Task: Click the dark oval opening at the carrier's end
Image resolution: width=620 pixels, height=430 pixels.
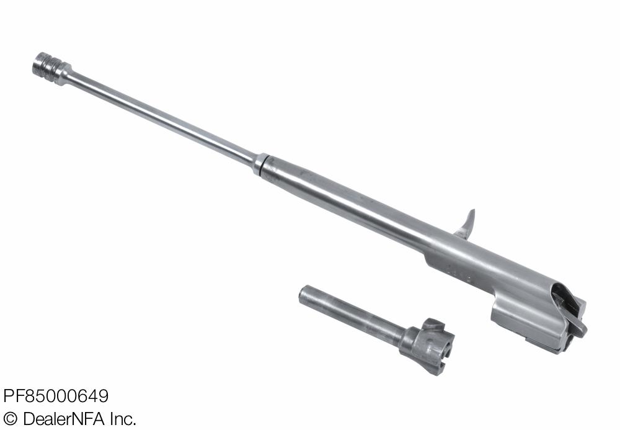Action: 562,297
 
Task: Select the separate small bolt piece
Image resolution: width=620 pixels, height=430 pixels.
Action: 376,329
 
